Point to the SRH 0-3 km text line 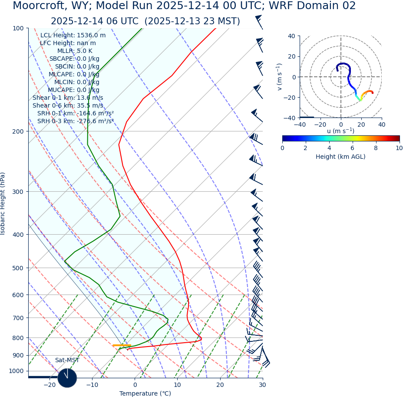76,121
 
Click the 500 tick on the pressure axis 18,268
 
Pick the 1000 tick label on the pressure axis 16,371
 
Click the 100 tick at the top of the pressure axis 18,28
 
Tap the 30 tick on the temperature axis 262,385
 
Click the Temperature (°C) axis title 145,394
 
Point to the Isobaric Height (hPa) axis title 3,203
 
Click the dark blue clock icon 67,378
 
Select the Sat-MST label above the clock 67,360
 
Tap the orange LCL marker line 122,345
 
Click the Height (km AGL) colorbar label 340,157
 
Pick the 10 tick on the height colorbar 399,148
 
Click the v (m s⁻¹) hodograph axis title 280,77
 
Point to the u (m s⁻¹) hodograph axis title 340,131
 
